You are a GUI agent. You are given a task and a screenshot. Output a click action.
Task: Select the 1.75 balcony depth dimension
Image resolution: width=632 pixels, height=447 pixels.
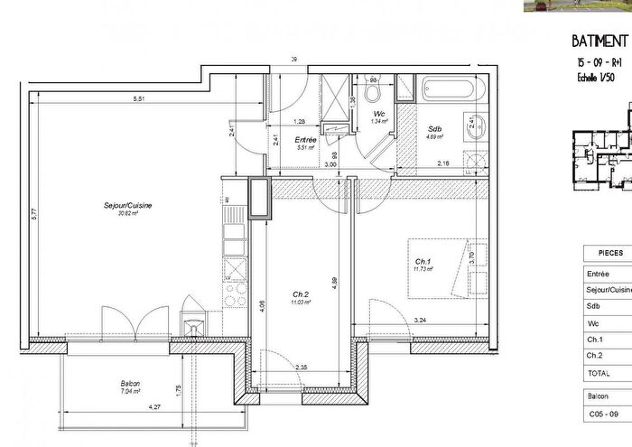180,389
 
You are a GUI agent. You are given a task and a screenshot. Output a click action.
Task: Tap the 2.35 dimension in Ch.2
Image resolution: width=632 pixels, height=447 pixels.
302,367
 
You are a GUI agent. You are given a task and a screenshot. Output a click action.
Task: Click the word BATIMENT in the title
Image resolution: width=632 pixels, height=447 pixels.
600,42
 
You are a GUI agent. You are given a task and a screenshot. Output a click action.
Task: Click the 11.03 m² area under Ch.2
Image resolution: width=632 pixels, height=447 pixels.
301,302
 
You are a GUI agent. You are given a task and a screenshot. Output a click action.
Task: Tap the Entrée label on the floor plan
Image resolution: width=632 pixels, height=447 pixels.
304,141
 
